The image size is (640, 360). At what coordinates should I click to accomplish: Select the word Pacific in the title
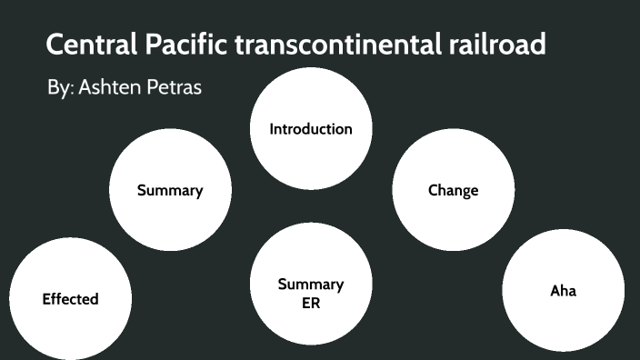tap(181, 44)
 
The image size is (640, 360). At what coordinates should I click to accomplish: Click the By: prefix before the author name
tap(60, 89)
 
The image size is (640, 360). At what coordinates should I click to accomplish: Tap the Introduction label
tap(311, 129)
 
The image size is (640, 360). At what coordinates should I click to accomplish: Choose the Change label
tap(453, 191)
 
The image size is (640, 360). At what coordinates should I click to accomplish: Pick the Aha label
tap(564, 291)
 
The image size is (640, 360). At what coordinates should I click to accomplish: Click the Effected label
tap(70, 299)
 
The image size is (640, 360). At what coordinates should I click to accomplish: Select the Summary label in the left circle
tap(170, 191)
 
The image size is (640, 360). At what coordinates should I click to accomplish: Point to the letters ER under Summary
tap(311, 303)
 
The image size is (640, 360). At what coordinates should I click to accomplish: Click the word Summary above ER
tap(311, 285)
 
